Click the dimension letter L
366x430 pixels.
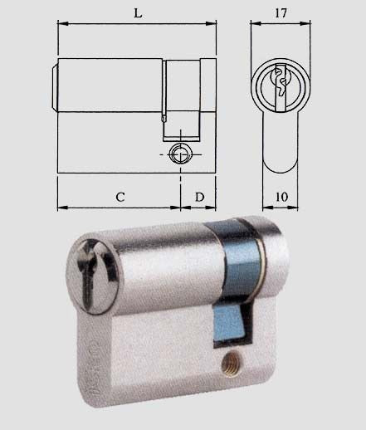point(138,13)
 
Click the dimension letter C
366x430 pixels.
point(120,197)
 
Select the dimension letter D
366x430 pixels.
point(200,197)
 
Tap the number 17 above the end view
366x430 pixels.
point(281,13)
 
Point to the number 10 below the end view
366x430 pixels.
point(281,197)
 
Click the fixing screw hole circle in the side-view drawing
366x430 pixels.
point(180,154)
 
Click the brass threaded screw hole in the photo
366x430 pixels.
point(230,361)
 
